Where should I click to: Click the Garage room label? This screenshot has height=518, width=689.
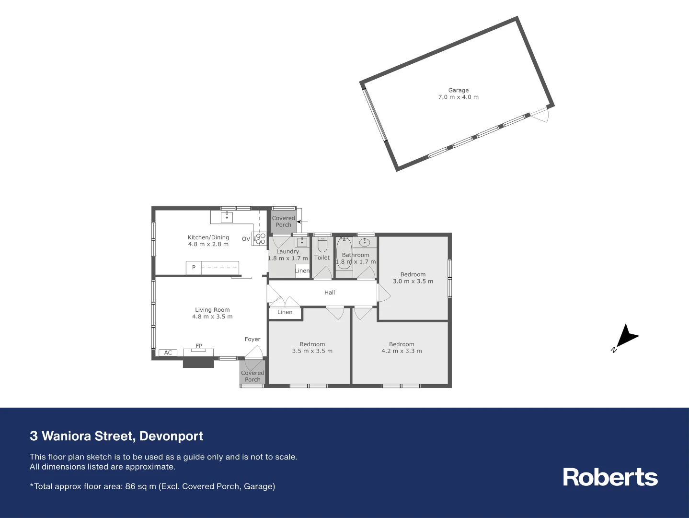click(458, 90)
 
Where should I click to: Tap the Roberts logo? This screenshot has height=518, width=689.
click(610, 477)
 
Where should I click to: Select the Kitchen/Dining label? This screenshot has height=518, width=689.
click(208, 237)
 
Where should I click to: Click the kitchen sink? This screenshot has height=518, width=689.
click(227, 218)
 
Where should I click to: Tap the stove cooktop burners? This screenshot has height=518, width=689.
click(260, 239)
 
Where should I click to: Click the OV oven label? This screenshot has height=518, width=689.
click(246, 239)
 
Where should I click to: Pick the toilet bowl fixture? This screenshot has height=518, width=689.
click(322, 246)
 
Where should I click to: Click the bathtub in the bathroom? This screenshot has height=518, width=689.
click(344, 253)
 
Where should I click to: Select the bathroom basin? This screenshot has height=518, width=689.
click(364, 242)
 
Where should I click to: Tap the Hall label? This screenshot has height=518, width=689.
click(330, 293)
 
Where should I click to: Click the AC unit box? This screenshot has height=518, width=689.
click(168, 353)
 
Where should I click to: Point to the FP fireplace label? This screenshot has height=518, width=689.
click(199, 346)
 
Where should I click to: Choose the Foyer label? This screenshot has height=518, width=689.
click(253, 339)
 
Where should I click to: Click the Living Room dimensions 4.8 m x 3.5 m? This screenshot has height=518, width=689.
click(212, 317)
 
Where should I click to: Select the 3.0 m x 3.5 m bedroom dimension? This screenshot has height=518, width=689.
click(413, 281)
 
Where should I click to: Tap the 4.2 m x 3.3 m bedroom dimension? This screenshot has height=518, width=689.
click(402, 351)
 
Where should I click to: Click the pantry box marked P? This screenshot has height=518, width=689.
click(194, 268)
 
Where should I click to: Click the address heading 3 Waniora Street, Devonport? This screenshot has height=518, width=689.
click(116, 436)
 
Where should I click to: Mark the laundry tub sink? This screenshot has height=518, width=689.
click(302, 242)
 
